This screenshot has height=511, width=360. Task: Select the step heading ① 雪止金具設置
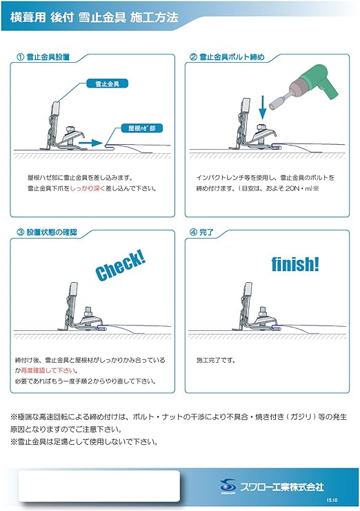47,58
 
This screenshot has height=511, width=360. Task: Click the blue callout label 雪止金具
99,83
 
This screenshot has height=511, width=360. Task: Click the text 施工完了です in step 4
215,360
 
